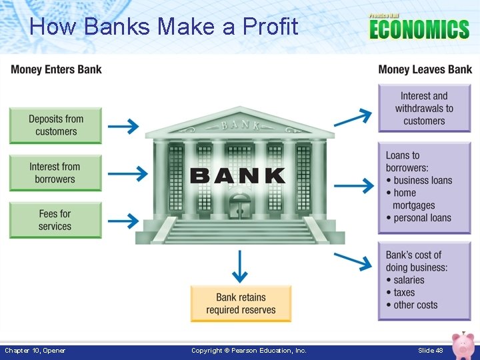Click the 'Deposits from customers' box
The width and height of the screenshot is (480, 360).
point(55,125)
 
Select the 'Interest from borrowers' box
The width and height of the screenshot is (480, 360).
point(55,173)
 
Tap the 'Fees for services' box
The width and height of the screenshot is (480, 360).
point(55,220)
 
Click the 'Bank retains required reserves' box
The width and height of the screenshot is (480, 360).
point(241,303)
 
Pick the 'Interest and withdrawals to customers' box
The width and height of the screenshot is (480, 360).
point(424,108)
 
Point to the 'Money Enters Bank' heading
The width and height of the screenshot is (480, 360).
point(57,69)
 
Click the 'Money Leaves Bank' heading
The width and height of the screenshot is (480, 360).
point(425,69)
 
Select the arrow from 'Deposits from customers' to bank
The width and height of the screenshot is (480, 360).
point(123,125)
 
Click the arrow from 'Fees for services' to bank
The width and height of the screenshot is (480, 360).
point(123,220)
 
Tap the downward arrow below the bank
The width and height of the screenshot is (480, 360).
point(240,267)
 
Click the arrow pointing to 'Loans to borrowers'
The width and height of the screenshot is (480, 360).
point(354,183)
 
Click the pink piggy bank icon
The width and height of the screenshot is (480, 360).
point(461,345)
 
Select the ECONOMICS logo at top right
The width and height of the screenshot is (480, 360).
point(419,28)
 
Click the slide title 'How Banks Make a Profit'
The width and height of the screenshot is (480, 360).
point(164,27)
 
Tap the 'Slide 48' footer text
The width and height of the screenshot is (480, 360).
point(430,351)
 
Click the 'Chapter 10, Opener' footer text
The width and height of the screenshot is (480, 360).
point(35,351)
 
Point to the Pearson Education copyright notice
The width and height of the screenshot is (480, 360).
point(249,351)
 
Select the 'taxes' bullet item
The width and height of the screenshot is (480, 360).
point(404,292)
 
